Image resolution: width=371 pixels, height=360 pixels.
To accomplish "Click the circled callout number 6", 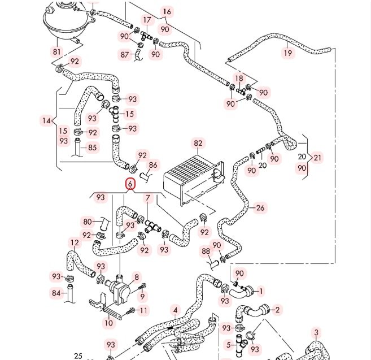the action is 130,184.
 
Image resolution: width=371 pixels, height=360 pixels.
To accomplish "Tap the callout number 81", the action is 57,51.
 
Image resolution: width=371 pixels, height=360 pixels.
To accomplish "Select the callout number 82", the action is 198,144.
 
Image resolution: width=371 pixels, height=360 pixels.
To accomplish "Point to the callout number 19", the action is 288,53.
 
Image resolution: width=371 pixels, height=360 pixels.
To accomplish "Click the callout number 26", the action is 260,208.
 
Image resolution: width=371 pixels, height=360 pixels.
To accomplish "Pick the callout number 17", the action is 147,20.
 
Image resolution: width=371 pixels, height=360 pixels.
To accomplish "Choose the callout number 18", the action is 239,78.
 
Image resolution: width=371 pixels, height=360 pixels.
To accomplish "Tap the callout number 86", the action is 153,165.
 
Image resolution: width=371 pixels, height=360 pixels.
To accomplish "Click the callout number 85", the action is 92,148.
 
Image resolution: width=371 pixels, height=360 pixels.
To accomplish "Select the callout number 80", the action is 88,222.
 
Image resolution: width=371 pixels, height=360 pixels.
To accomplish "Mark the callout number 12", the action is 75,242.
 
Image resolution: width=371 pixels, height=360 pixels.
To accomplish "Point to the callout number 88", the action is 206,251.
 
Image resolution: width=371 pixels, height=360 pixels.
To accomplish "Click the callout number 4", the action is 175,310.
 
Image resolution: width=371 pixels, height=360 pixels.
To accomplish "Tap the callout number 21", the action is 317,158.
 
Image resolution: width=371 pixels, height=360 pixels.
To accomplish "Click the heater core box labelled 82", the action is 194,179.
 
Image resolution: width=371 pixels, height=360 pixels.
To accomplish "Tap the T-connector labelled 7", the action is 152,227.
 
